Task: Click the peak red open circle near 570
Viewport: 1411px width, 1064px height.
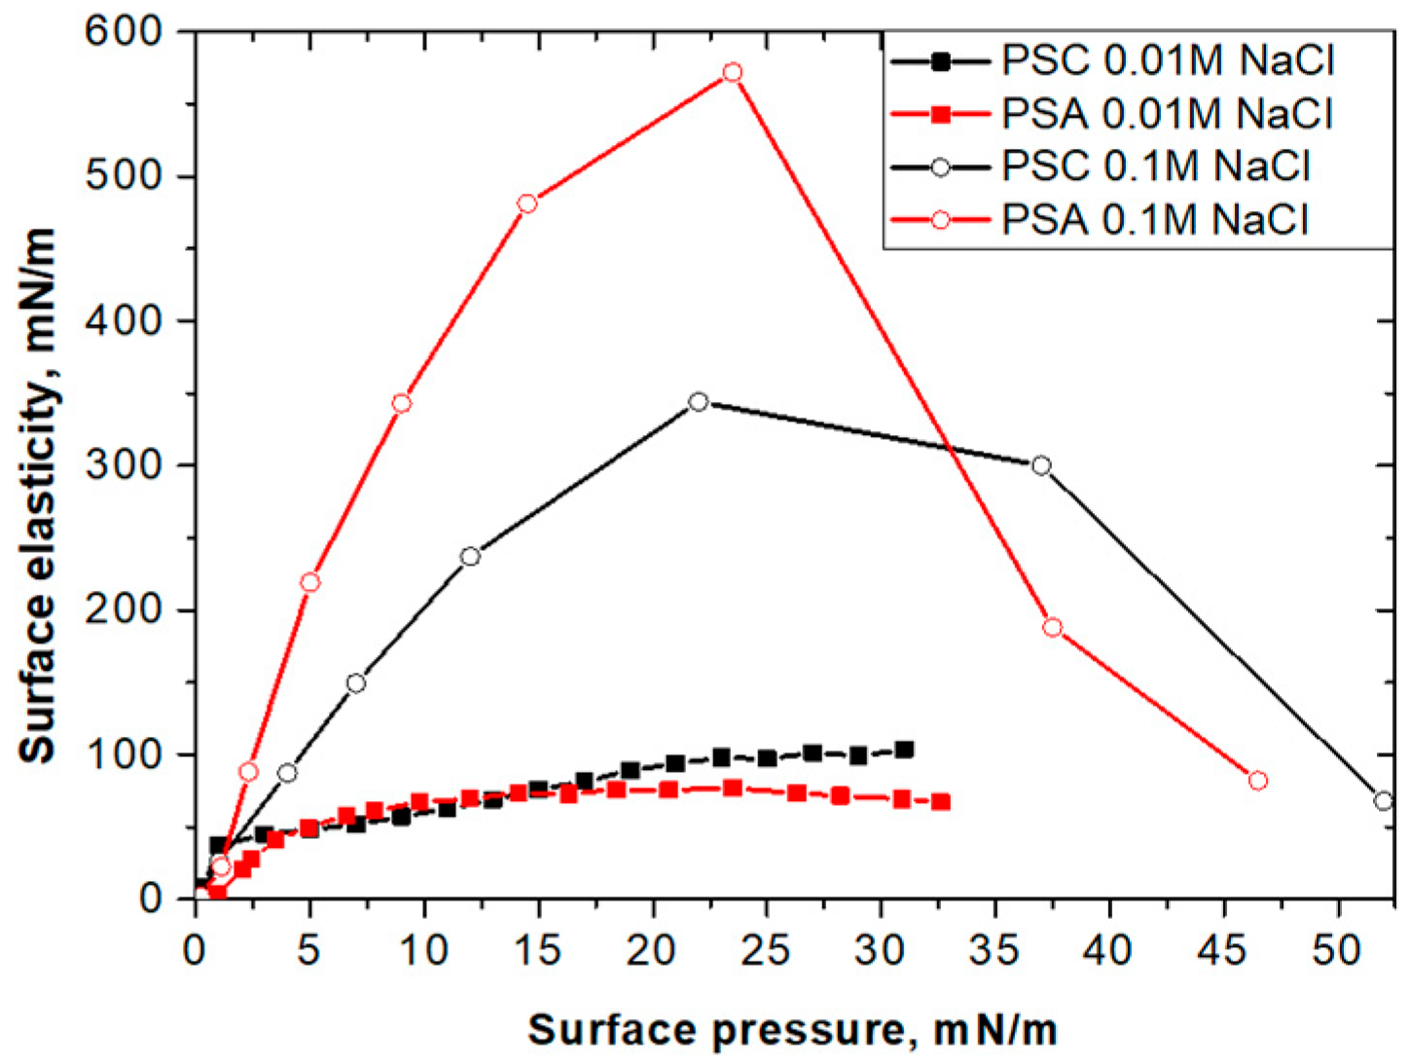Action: pyautogui.click(x=733, y=73)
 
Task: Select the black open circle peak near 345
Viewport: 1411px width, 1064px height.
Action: pyautogui.click(x=698, y=402)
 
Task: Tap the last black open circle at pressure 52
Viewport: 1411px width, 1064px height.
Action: pyautogui.click(x=1384, y=801)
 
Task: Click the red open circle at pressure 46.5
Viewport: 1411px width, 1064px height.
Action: pyautogui.click(x=1257, y=781)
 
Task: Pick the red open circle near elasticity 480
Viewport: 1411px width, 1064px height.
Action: pyautogui.click(x=527, y=203)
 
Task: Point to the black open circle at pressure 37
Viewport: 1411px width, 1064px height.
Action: pyautogui.click(x=1041, y=465)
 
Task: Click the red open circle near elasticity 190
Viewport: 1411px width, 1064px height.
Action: pyautogui.click(x=1052, y=628)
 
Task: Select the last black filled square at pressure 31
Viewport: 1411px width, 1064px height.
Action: pyautogui.click(x=904, y=750)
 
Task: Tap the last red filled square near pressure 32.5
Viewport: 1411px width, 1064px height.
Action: pyautogui.click(x=941, y=802)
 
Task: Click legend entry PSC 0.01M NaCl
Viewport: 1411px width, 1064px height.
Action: pyautogui.click(x=1168, y=61)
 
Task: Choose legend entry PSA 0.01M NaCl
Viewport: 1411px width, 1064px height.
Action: pyautogui.click(x=1167, y=115)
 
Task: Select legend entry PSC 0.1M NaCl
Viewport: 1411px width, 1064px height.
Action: pyautogui.click(x=1156, y=166)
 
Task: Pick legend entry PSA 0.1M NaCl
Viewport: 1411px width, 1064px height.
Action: pyautogui.click(x=1155, y=219)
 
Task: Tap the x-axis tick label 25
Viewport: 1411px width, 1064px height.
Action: pyautogui.click(x=765, y=949)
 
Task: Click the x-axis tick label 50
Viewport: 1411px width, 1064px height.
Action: pyautogui.click(x=1337, y=949)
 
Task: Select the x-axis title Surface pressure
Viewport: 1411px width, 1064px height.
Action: pyautogui.click(x=792, y=1030)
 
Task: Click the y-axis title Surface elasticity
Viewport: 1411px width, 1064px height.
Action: pyautogui.click(x=39, y=496)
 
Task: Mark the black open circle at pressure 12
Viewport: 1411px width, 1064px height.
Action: pyautogui.click(x=470, y=557)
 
